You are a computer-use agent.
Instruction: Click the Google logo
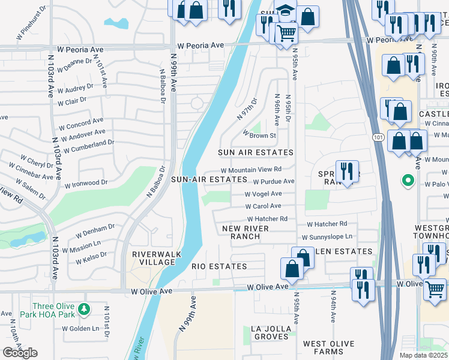(20, 353)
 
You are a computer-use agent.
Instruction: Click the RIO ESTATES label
(219, 266)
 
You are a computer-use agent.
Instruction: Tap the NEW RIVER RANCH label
(249, 232)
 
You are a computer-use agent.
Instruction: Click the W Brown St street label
(259, 136)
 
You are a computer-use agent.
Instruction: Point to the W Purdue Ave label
(273, 181)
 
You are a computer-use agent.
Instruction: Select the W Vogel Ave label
(263, 194)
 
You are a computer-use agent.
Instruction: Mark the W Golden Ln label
(81, 328)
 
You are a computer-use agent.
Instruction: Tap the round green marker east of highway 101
(408, 180)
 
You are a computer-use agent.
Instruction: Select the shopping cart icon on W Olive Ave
(435, 289)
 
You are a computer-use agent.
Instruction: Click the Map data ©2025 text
(423, 355)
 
